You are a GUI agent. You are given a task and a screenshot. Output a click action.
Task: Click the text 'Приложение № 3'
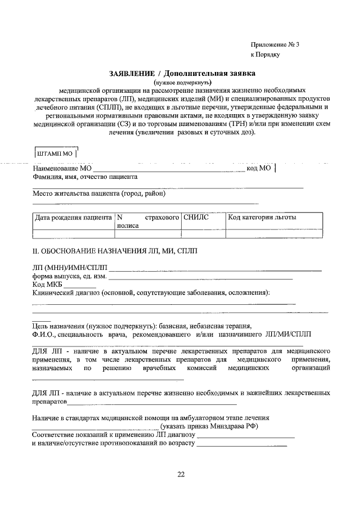click(275, 44)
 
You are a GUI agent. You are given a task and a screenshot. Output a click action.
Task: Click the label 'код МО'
click(259, 168)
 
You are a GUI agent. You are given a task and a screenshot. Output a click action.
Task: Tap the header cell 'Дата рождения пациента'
click(73, 217)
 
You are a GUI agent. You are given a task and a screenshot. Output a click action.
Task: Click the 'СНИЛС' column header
click(196, 217)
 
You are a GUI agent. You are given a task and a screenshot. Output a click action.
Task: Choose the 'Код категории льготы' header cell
click(262, 217)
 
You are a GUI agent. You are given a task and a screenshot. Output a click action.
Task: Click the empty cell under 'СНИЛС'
click(202, 235)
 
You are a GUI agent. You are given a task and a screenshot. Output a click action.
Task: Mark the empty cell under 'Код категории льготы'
click(273, 235)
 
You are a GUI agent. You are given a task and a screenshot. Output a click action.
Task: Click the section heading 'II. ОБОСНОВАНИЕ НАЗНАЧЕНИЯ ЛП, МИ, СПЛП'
click(115, 251)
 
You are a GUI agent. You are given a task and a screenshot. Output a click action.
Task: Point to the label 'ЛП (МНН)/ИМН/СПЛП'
click(70, 268)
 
